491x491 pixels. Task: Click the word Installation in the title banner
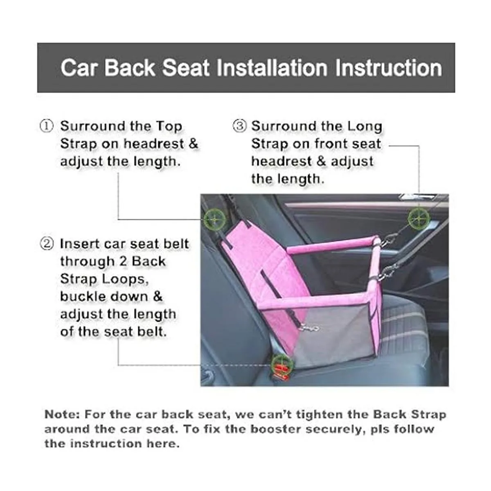(272, 68)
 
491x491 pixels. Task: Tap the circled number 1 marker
(47, 126)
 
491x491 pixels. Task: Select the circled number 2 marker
(47, 244)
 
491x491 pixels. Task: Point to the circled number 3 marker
(240, 126)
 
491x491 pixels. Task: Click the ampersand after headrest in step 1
(194, 144)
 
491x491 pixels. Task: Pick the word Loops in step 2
(125, 280)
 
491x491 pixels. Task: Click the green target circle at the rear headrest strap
(214, 219)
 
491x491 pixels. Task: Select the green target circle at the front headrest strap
(419, 218)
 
